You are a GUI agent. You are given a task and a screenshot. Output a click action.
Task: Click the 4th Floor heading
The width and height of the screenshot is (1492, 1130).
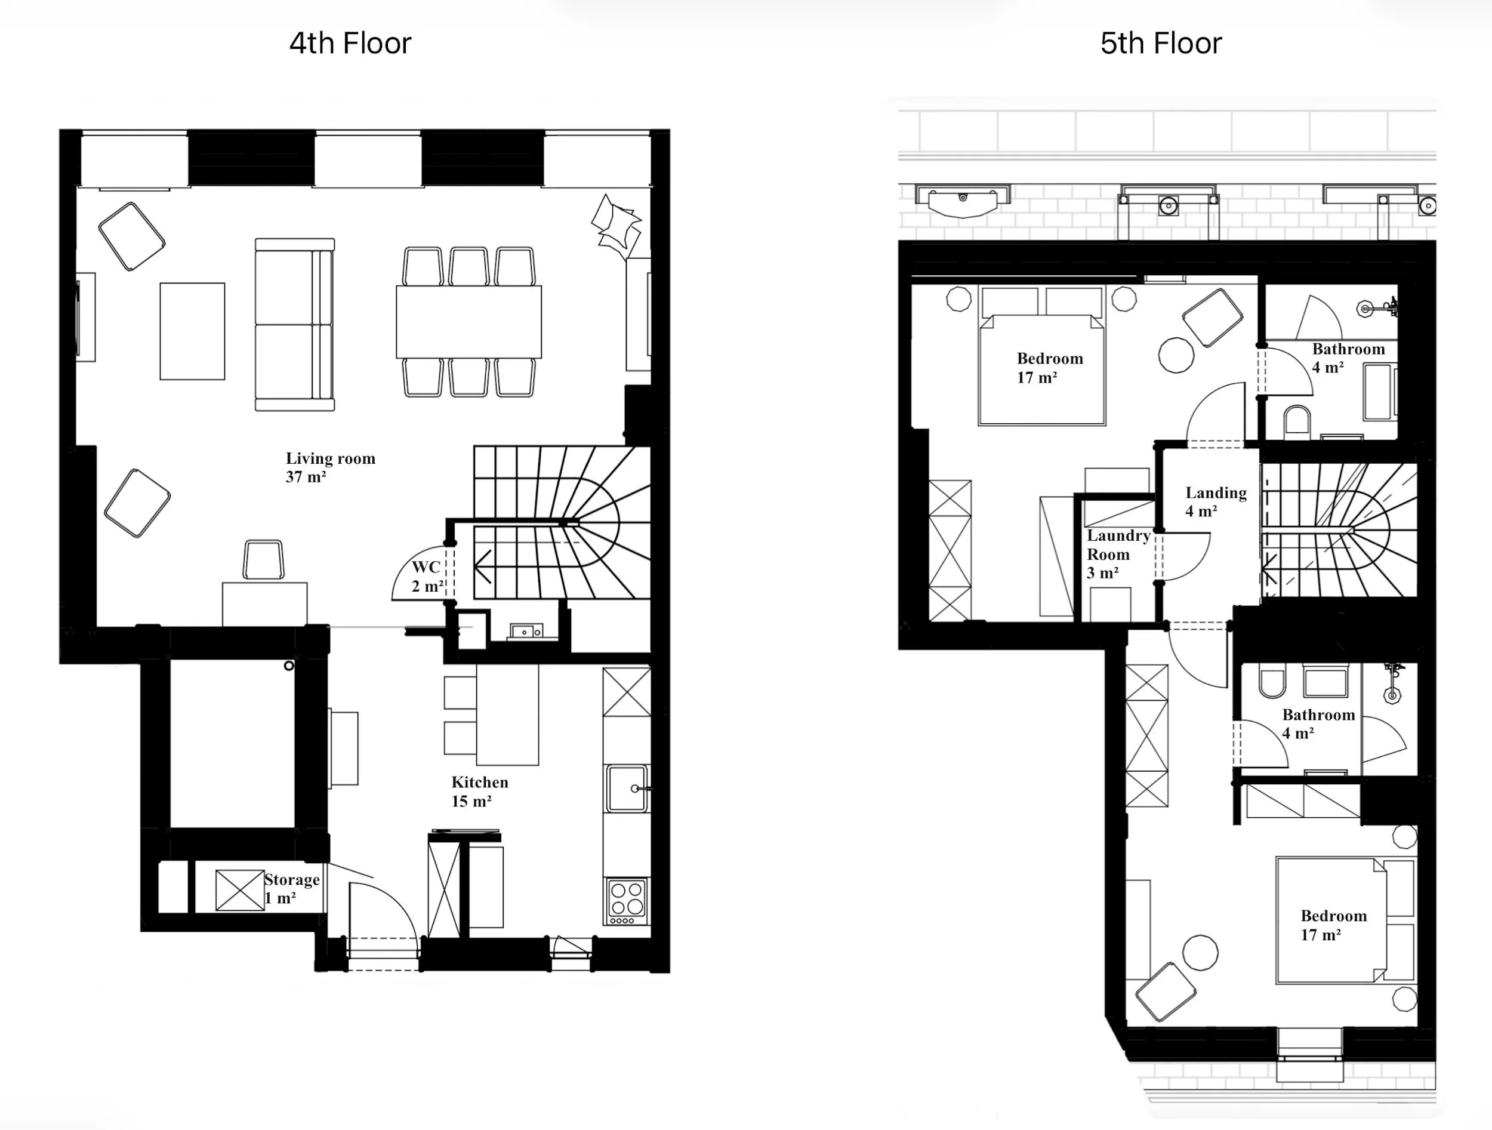point(350,43)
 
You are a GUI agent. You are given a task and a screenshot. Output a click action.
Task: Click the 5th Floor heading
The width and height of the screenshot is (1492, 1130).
point(1160,43)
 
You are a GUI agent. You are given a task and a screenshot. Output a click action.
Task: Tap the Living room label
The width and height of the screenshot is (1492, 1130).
point(330,467)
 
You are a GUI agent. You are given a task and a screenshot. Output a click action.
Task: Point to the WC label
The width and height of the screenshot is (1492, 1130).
point(427,576)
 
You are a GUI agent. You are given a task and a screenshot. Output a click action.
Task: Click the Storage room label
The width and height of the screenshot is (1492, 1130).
point(291,888)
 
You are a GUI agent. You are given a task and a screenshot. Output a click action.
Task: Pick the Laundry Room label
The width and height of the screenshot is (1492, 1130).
point(1117,553)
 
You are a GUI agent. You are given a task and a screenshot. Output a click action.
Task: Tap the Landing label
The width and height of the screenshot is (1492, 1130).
point(1216,501)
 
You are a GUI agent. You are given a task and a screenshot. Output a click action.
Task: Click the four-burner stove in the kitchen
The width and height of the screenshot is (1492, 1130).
point(627,901)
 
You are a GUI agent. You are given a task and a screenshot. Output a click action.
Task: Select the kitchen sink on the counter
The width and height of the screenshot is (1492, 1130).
point(627,788)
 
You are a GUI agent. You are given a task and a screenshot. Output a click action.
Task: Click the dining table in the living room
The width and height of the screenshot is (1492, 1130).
point(468,322)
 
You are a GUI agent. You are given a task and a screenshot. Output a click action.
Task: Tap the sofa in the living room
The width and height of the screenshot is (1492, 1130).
point(294,325)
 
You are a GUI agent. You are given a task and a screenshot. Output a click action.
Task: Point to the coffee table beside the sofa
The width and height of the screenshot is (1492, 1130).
point(192,331)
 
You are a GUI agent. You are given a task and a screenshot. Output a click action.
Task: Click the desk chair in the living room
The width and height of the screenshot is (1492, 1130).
point(263,559)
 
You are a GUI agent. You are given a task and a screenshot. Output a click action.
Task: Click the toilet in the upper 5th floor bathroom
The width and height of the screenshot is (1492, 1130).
point(1296,420)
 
